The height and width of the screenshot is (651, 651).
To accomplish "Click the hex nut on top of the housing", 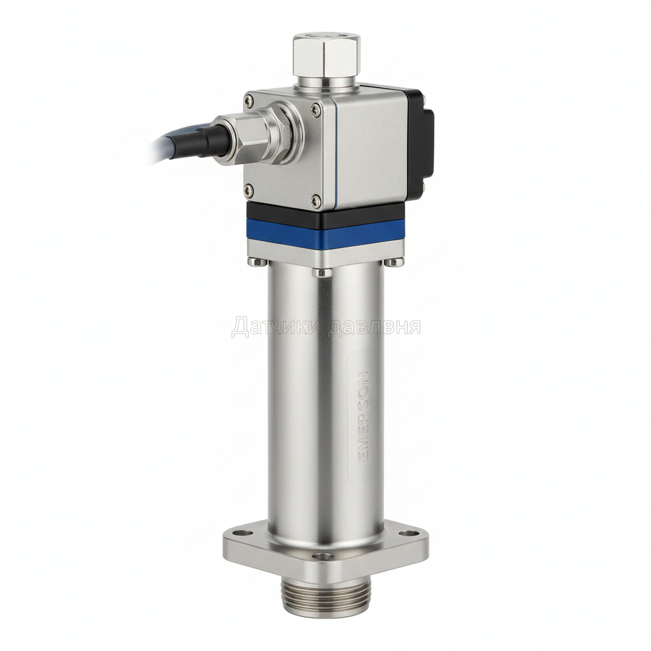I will tap(326, 56).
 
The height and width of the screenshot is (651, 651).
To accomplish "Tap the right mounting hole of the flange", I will tap(409, 529).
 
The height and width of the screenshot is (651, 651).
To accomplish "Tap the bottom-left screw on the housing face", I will tap(249, 188).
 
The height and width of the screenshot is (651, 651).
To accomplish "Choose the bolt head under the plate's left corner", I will tap(255, 261).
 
